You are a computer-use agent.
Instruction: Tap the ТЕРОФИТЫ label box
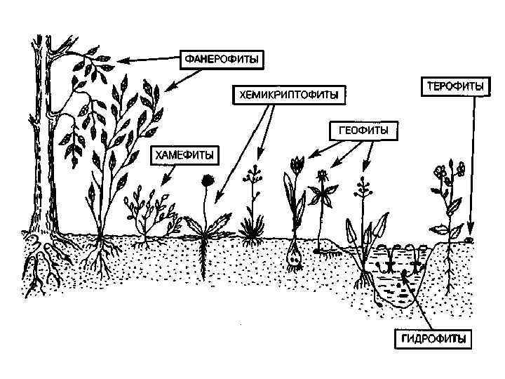(454, 86)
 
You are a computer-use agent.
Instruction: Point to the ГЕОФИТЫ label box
(359, 130)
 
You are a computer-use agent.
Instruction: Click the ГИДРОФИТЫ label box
(433, 338)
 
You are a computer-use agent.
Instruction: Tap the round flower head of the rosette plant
(208, 180)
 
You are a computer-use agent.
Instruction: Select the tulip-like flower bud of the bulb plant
(297, 166)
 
